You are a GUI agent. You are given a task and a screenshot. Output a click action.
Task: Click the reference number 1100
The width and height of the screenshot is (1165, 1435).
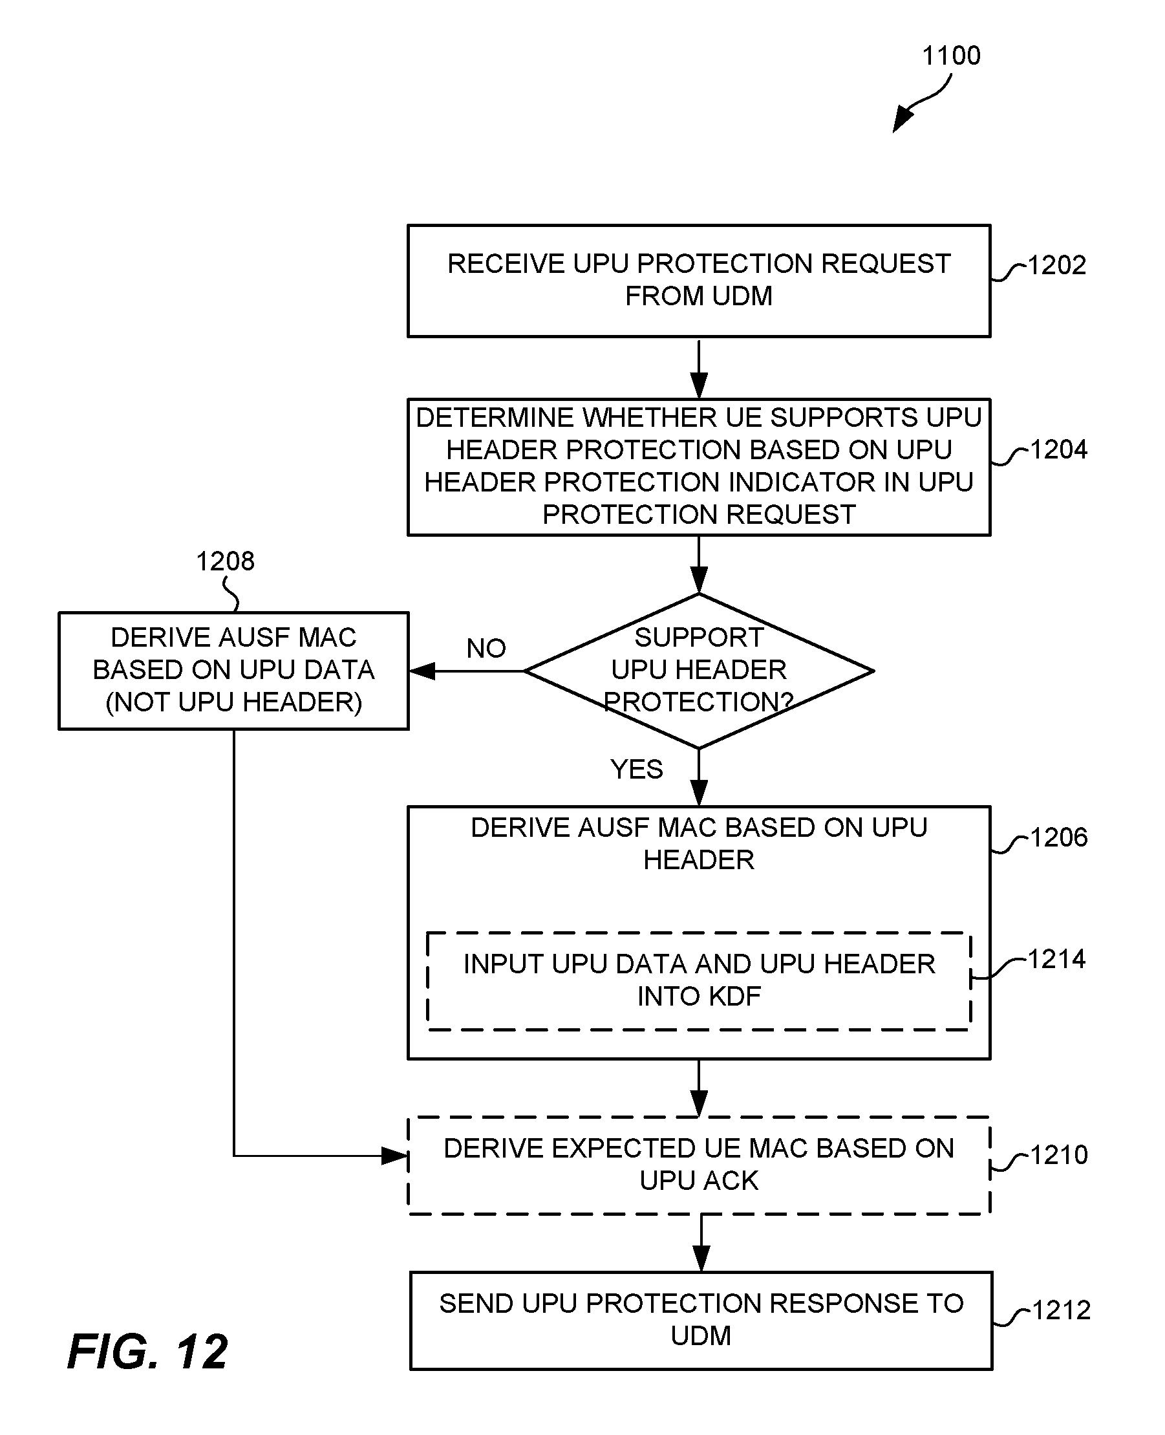(x=951, y=55)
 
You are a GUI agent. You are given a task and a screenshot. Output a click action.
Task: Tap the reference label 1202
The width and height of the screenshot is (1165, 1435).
(x=1056, y=265)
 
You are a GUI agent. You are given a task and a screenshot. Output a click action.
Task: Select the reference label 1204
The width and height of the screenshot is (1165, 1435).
(x=1058, y=449)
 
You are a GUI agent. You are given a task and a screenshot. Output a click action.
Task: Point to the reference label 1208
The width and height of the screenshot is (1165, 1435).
(x=225, y=561)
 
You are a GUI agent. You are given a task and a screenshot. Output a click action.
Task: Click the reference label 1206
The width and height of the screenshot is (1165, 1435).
(x=1058, y=837)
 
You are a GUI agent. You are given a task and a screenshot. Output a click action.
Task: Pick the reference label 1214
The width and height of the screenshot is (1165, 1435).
(x=1056, y=959)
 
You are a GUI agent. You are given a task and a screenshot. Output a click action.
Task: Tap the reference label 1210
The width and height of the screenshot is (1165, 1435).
(x=1058, y=1154)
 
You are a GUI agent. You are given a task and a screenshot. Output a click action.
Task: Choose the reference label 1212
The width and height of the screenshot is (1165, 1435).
(x=1061, y=1310)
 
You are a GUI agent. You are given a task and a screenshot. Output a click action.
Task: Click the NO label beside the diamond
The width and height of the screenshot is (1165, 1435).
(x=486, y=649)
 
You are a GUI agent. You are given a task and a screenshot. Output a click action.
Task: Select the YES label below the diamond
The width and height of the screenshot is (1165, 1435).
(x=636, y=769)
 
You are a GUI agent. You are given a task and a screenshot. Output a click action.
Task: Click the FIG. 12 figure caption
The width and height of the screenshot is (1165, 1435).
(x=147, y=1351)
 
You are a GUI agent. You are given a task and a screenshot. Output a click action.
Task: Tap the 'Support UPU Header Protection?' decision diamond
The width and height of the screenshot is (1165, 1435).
(x=699, y=671)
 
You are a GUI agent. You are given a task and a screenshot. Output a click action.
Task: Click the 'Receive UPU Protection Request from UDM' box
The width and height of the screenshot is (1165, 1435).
(x=699, y=281)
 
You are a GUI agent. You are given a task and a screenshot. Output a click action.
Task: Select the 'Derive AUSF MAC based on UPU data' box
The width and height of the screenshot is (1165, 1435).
(x=233, y=671)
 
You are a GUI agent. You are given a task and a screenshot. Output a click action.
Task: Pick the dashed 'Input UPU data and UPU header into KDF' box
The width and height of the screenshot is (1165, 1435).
(x=699, y=980)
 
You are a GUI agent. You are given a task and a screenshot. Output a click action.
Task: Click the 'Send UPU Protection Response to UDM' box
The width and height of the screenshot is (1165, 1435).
(x=701, y=1321)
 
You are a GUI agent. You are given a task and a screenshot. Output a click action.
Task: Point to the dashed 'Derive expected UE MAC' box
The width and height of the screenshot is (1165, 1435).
(x=699, y=1165)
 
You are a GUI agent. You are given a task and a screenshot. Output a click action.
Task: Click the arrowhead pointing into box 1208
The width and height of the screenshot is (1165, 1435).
(x=422, y=671)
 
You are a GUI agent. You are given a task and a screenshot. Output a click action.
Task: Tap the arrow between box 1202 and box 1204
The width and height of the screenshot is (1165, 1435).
(x=699, y=369)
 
